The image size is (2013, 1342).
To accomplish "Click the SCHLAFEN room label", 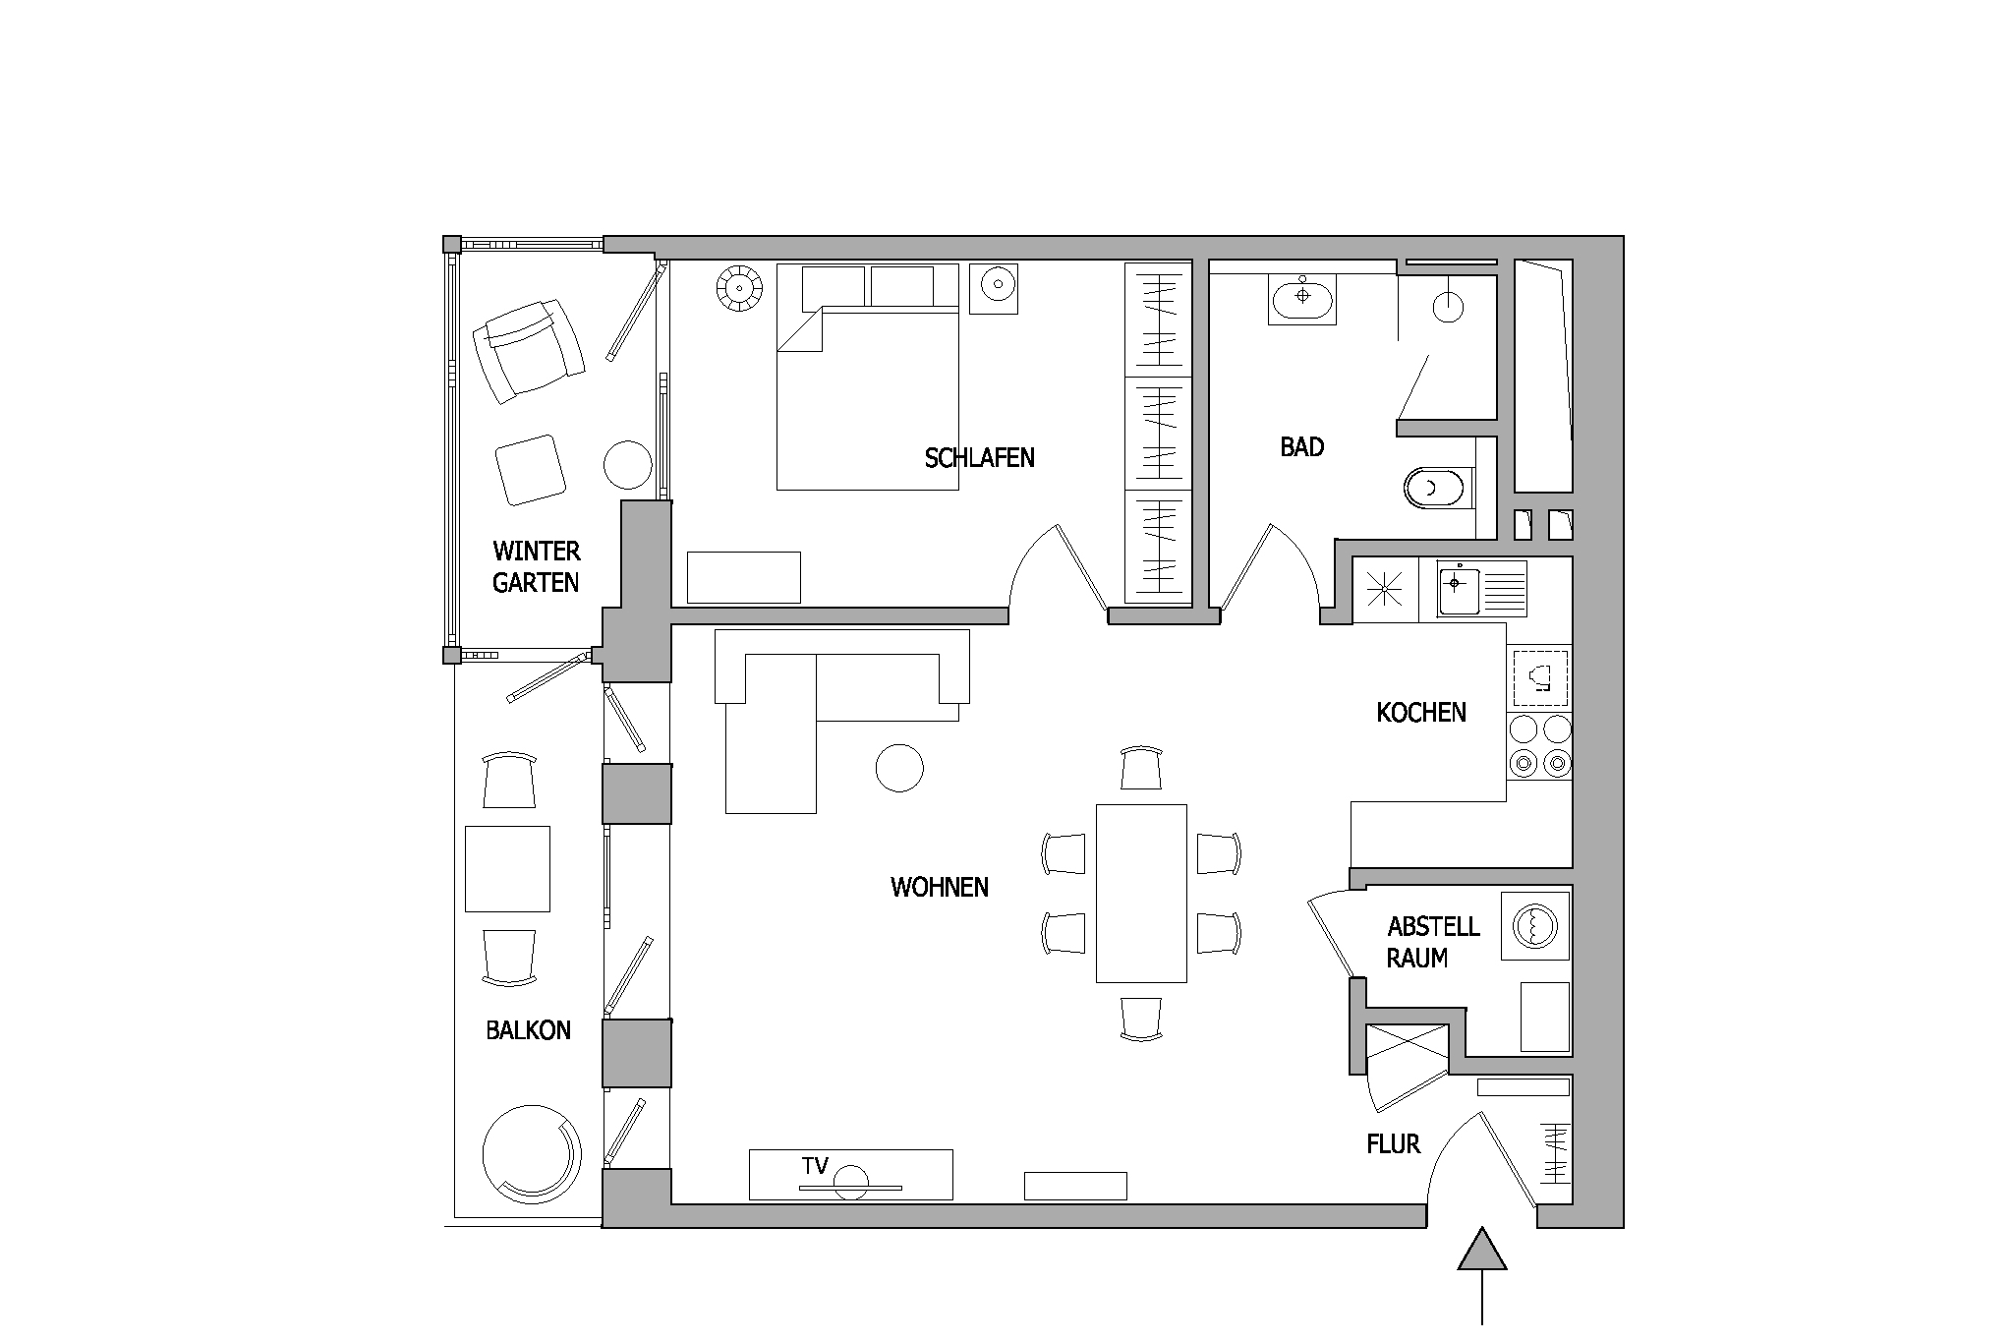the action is [979, 457].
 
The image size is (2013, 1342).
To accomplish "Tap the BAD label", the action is [1301, 447].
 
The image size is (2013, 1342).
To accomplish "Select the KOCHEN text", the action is [1421, 712].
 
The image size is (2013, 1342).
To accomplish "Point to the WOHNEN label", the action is [940, 887].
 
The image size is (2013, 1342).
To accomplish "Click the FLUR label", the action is [1393, 1143].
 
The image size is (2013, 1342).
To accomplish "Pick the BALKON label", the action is [528, 1030].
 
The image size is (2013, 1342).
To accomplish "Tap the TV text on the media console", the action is [815, 1166].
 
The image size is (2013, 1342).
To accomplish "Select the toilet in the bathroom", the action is [1440, 488].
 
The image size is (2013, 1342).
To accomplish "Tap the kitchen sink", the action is [1459, 589].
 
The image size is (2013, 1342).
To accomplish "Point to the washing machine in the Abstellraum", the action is [1535, 925].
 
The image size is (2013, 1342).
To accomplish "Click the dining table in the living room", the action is [1141, 893].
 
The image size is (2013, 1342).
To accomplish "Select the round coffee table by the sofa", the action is [899, 767].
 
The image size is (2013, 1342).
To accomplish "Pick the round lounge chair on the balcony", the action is [532, 1153].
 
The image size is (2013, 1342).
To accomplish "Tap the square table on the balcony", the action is [507, 869].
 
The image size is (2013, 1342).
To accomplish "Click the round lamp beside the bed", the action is [738, 290].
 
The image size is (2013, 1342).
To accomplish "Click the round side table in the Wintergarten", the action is [627, 464].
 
